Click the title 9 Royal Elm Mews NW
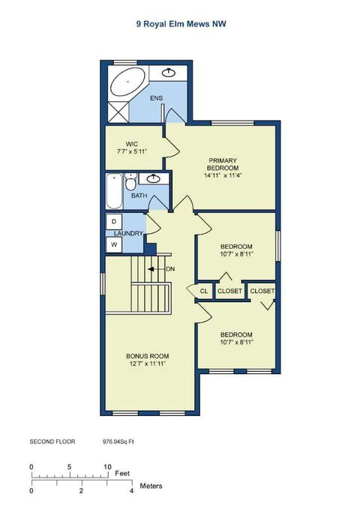[x=181, y=24]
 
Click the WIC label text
[x=132, y=143]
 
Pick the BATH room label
[x=139, y=196]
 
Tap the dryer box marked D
[x=114, y=222]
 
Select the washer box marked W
[x=114, y=244]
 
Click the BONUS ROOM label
[x=147, y=355]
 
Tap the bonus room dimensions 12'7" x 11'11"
[x=147, y=364]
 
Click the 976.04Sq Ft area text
[x=122, y=442]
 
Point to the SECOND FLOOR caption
[x=52, y=442]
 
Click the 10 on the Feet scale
[x=107, y=466]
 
